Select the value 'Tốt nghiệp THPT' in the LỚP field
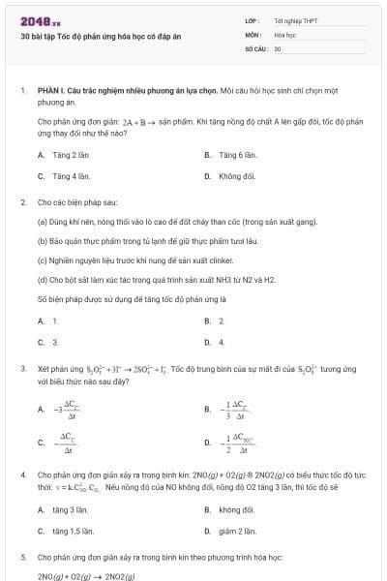pos(296,20)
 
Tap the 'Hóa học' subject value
pos(284,34)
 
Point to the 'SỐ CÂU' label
pos(255,47)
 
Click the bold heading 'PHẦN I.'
pos(49,90)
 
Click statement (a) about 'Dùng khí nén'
pos(177,222)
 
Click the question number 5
pos(22,559)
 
